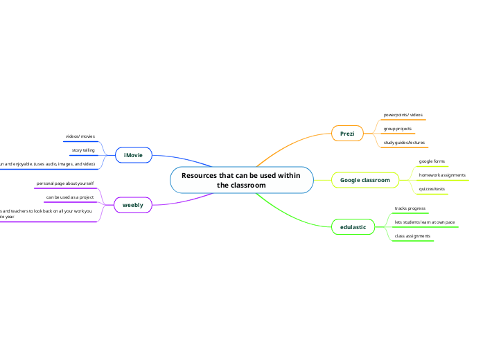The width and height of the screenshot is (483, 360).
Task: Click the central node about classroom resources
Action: tap(241, 180)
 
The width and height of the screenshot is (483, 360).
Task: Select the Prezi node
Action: tap(347, 133)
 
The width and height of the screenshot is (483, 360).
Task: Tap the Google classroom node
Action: tap(365, 180)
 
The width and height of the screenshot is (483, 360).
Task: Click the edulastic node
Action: tap(353, 226)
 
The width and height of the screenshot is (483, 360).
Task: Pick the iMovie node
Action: tap(133, 155)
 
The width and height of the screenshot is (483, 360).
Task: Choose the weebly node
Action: tap(133, 206)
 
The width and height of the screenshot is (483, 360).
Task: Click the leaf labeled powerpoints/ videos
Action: tap(403, 115)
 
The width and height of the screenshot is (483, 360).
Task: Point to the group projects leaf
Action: tap(398, 129)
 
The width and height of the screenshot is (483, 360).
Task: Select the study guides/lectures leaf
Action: tap(405, 143)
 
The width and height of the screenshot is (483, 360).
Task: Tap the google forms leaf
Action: tap(432, 161)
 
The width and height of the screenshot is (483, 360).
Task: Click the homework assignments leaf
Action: tap(442, 175)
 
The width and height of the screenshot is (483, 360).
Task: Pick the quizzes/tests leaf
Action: tap(432, 189)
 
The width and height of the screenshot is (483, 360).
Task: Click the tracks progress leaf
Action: tap(410, 208)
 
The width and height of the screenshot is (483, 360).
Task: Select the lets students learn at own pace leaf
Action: tap(424, 222)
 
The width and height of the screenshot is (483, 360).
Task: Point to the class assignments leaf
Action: tap(412, 236)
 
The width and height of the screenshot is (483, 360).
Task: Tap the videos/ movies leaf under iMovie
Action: tap(80, 137)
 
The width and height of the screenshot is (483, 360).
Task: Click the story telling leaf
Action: tap(83, 150)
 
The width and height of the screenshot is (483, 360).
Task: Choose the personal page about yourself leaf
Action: tap(65, 183)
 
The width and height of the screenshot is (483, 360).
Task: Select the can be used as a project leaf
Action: tap(69, 197)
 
